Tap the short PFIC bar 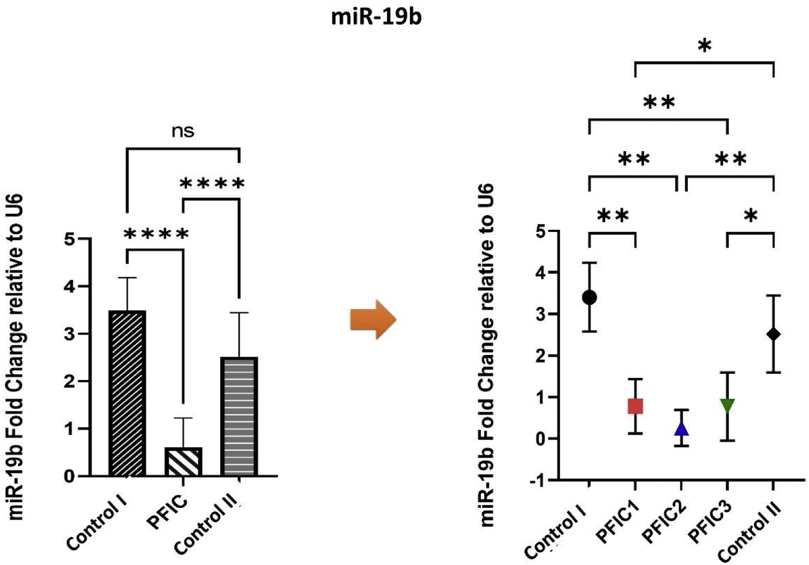click(183, 462)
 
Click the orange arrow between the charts click(373, 320)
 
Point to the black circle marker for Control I click(589, 297)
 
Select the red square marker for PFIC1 click(635, 406)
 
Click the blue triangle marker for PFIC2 click(681, 429)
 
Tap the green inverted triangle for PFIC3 click(727, 405)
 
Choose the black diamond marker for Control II click(773, 334)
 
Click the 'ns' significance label click(183, 131)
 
